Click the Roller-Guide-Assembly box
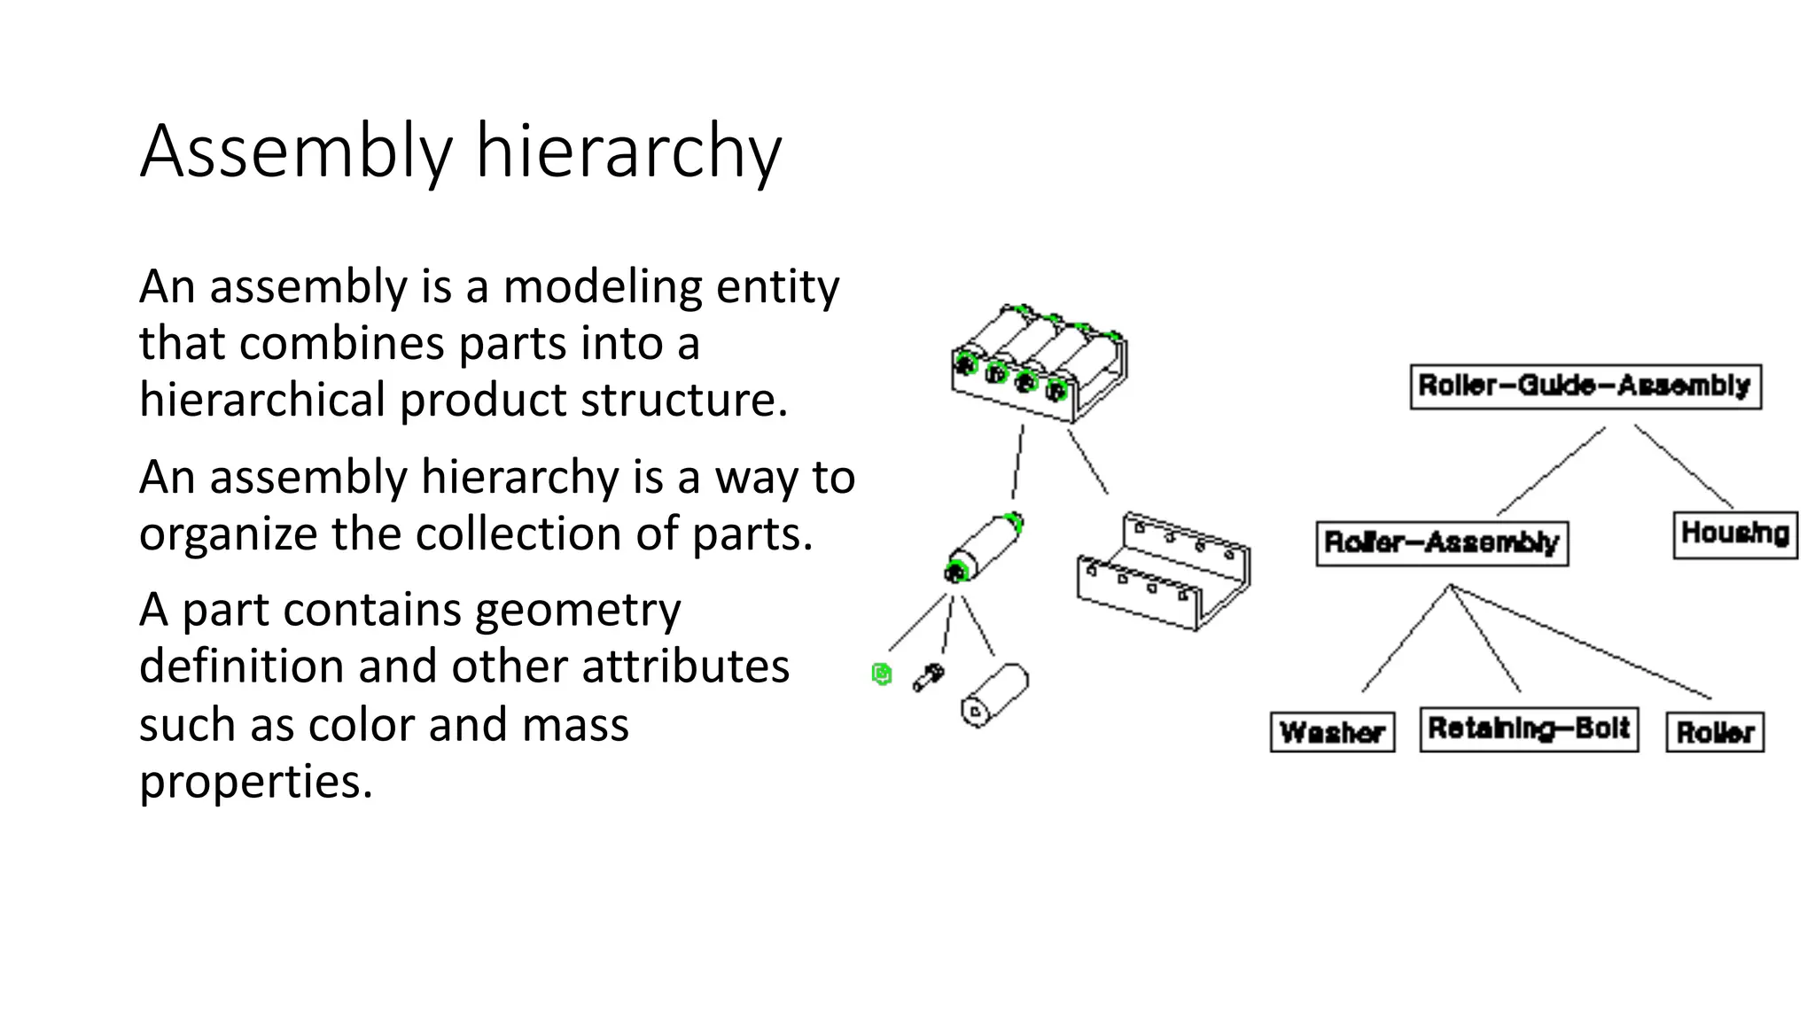click(x=1585, y=386)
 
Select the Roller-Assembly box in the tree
click(x=1442, y=542)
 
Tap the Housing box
click(x=1734, y=534)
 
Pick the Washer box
click(x=1332, y=732)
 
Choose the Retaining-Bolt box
click(x=1529, y=729)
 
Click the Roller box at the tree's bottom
click(x=1715, y=732)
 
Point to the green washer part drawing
click(x=881, y=674)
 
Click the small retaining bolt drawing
click(x=929, y=677)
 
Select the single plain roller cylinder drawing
click(x=994, y=696)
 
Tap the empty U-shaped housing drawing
click(x=1163, y=572)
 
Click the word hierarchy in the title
click(x=628, y=152)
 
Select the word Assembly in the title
click(x=296, y=152)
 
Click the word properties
click(x=256, y=782)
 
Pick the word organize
click(x=228, y=534)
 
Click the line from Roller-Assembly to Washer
click(x=1406, y=638)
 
